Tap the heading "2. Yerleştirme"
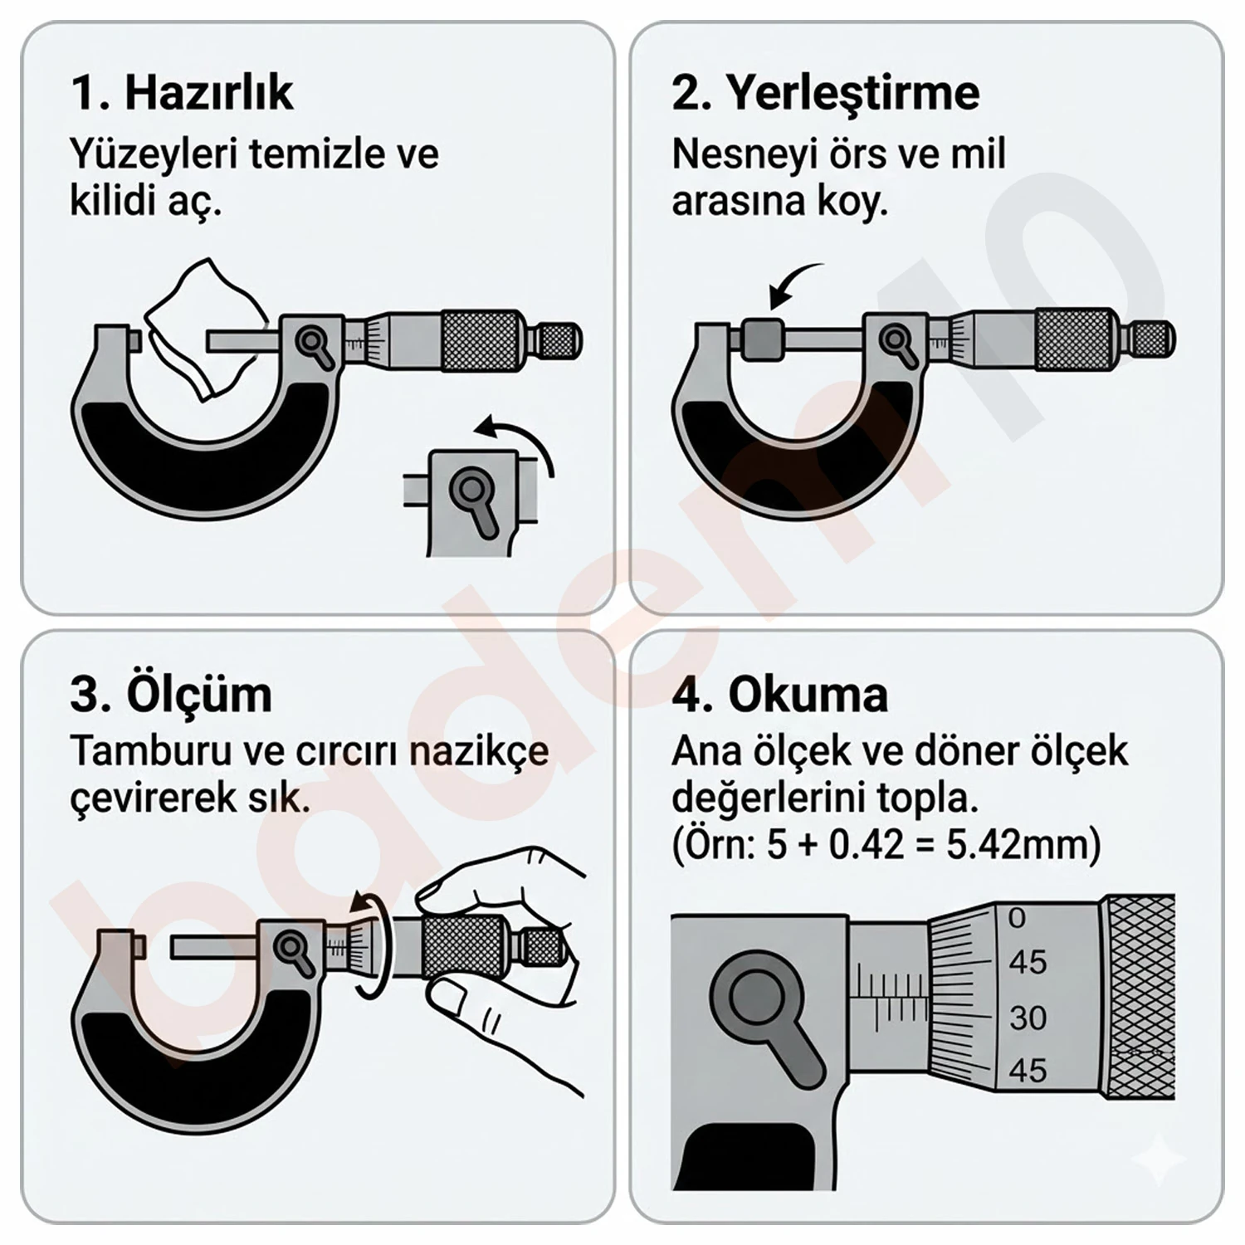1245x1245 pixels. (x=825, y=92)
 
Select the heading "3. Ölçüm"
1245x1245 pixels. (x=171, y=694)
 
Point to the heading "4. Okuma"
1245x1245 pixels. (x=779, y=694)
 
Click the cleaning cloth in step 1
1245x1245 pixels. (x=206, y=328)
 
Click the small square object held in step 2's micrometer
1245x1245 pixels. (x=761, y=339)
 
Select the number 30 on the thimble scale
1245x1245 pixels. (x=1028, y=1018)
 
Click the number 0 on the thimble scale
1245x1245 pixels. (x=1017, y=918)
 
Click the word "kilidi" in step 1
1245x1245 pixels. (x=112, y=201)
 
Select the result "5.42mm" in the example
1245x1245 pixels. (x=1023, y=845)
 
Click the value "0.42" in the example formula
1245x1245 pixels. (x=866, y=845)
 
